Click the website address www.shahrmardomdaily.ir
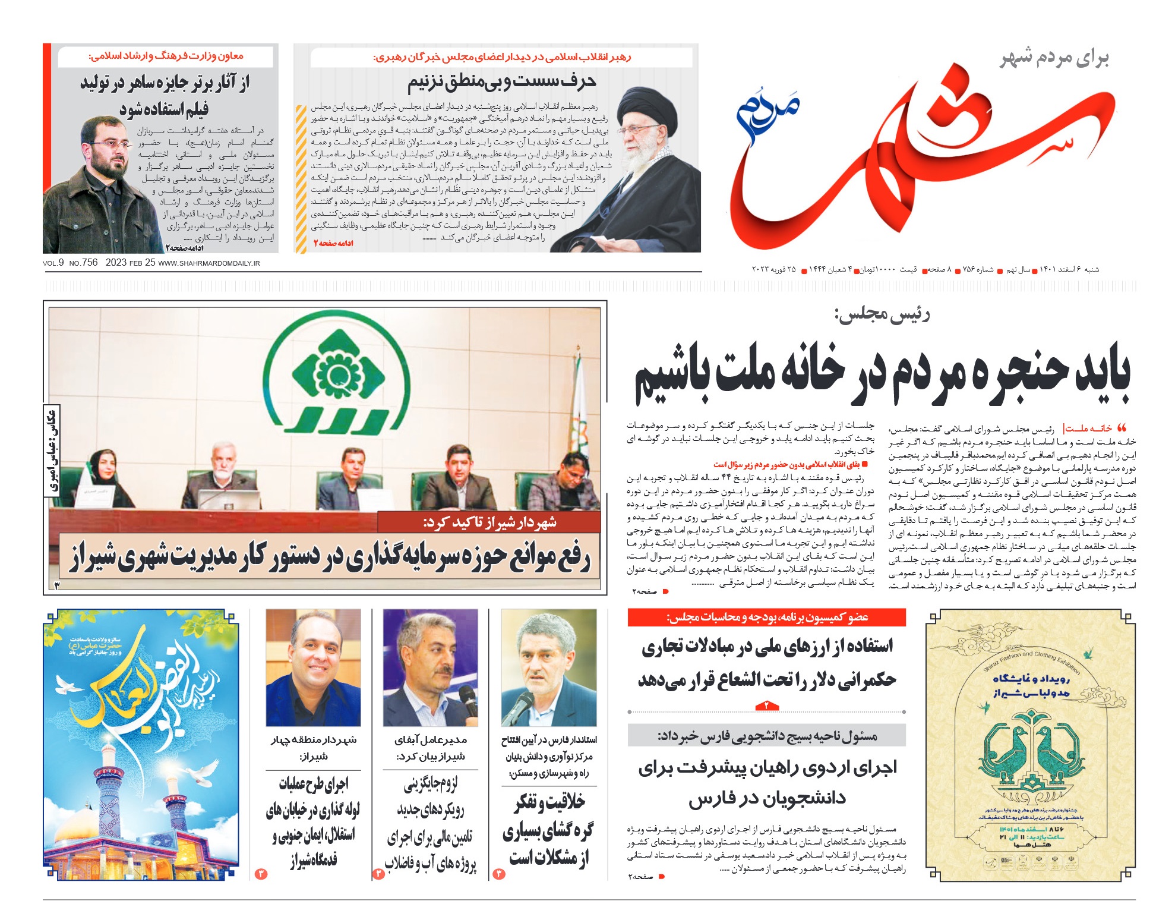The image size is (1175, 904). pyautogui.click(x=209, y=263)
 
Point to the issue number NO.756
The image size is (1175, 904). pyautogui.click(x=83, y=263)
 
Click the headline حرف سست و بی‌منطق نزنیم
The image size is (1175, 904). pyautogui.click(x=501, y=81)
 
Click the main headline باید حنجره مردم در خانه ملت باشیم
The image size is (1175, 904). pyautogui.click(x=882, y=374)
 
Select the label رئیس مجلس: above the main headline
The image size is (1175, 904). pyautogui.click(x=882, y=315)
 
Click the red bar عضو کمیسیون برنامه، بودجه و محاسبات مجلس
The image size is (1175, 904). pyautogui.click(x=766, y=618)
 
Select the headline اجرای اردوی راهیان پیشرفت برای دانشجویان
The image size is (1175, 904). pyautogui.click(x=767, y=782)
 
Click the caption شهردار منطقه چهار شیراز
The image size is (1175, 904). pyautogui.click(x=313, y=748)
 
